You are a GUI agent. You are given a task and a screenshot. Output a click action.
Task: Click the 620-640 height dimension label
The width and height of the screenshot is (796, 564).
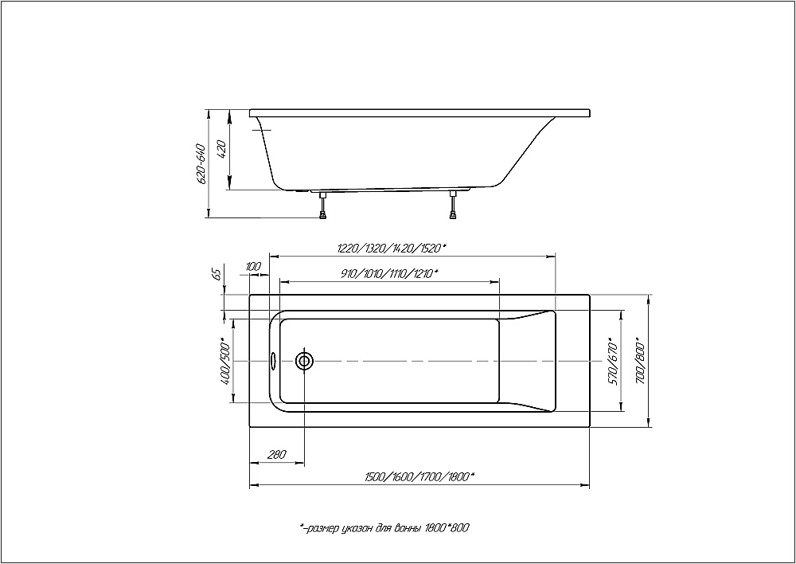(201, 164)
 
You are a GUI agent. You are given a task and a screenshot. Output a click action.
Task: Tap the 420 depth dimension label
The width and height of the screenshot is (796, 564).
(221, 150)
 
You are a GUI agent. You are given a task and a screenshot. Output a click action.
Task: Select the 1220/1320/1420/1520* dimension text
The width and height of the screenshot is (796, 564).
(392, 248)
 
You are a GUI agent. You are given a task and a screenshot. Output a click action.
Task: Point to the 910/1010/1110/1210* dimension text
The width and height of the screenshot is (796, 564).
(390, 273)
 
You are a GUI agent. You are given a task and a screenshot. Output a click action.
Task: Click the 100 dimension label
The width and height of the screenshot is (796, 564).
(253, 266)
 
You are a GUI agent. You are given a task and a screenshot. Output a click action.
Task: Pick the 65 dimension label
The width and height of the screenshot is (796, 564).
(217, 274)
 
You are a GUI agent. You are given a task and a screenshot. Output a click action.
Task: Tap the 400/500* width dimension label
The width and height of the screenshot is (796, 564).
(226, 362)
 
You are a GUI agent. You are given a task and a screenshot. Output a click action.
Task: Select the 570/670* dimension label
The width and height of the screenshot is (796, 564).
(614, 362)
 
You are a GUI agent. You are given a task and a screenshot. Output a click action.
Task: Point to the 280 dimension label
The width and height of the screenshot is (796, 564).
(277, 455)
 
